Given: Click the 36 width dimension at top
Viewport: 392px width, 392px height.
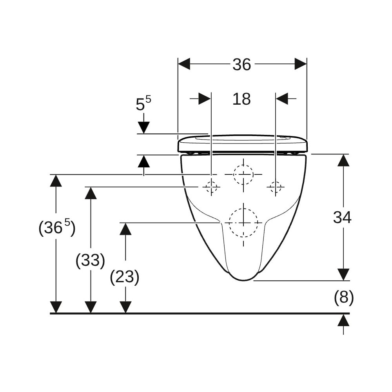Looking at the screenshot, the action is [242, 65].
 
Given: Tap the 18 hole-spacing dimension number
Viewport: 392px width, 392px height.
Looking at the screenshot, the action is [241, 99].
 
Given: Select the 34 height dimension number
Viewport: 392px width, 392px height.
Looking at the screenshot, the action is [342, 217].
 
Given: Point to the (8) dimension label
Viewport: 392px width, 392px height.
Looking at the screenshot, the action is [344, 298].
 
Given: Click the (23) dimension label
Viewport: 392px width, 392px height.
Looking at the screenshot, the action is [125, 277].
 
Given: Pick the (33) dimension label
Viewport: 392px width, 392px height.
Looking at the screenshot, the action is [90, 261].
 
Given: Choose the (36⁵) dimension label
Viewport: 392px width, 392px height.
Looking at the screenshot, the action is [57, 227].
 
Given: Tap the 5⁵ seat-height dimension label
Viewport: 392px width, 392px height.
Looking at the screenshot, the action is [143, 103].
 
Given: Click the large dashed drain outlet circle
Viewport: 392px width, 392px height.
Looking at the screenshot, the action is [243, 223].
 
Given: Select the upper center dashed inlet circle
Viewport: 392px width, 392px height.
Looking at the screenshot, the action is [243, 174].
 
